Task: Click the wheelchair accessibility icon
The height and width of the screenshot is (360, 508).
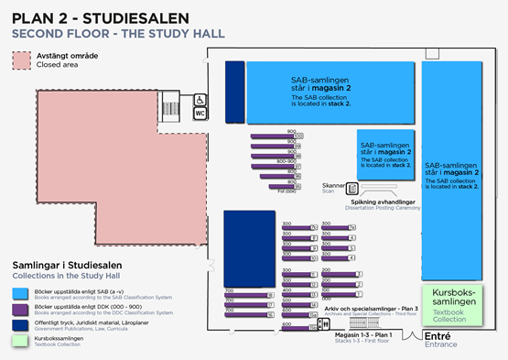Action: [200, 100]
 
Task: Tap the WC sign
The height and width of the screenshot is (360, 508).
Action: [200, 113]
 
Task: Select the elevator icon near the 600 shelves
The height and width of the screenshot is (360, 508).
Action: [322, 324]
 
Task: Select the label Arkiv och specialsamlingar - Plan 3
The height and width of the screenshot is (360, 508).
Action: [371, 309]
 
